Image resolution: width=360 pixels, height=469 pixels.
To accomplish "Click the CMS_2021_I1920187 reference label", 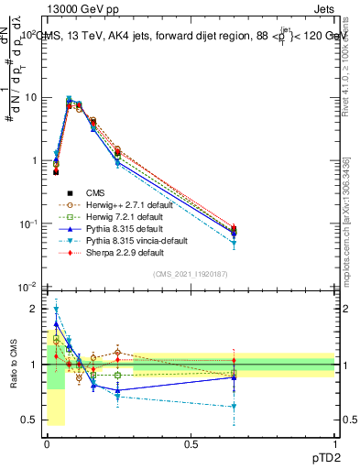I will point(191,275).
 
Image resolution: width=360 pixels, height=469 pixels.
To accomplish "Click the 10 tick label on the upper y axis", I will point(30,97).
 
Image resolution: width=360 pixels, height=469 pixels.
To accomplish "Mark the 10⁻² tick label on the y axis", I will point(27,288).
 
